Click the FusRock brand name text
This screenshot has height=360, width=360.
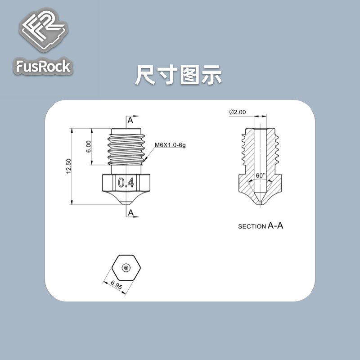click(43, 67)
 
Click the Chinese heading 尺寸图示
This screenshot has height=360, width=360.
click(179, 75)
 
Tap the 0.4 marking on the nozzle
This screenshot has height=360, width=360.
click(125, 182)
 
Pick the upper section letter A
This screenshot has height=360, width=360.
click(130, 121)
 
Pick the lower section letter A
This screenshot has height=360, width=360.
click(130, 211)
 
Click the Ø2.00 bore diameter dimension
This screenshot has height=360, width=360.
click(237, 112)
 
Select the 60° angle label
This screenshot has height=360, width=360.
click(261, 175)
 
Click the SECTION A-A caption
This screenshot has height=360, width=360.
click(261, 226)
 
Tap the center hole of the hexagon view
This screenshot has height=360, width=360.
click(127, 267)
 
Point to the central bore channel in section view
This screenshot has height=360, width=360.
click(261, 148)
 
